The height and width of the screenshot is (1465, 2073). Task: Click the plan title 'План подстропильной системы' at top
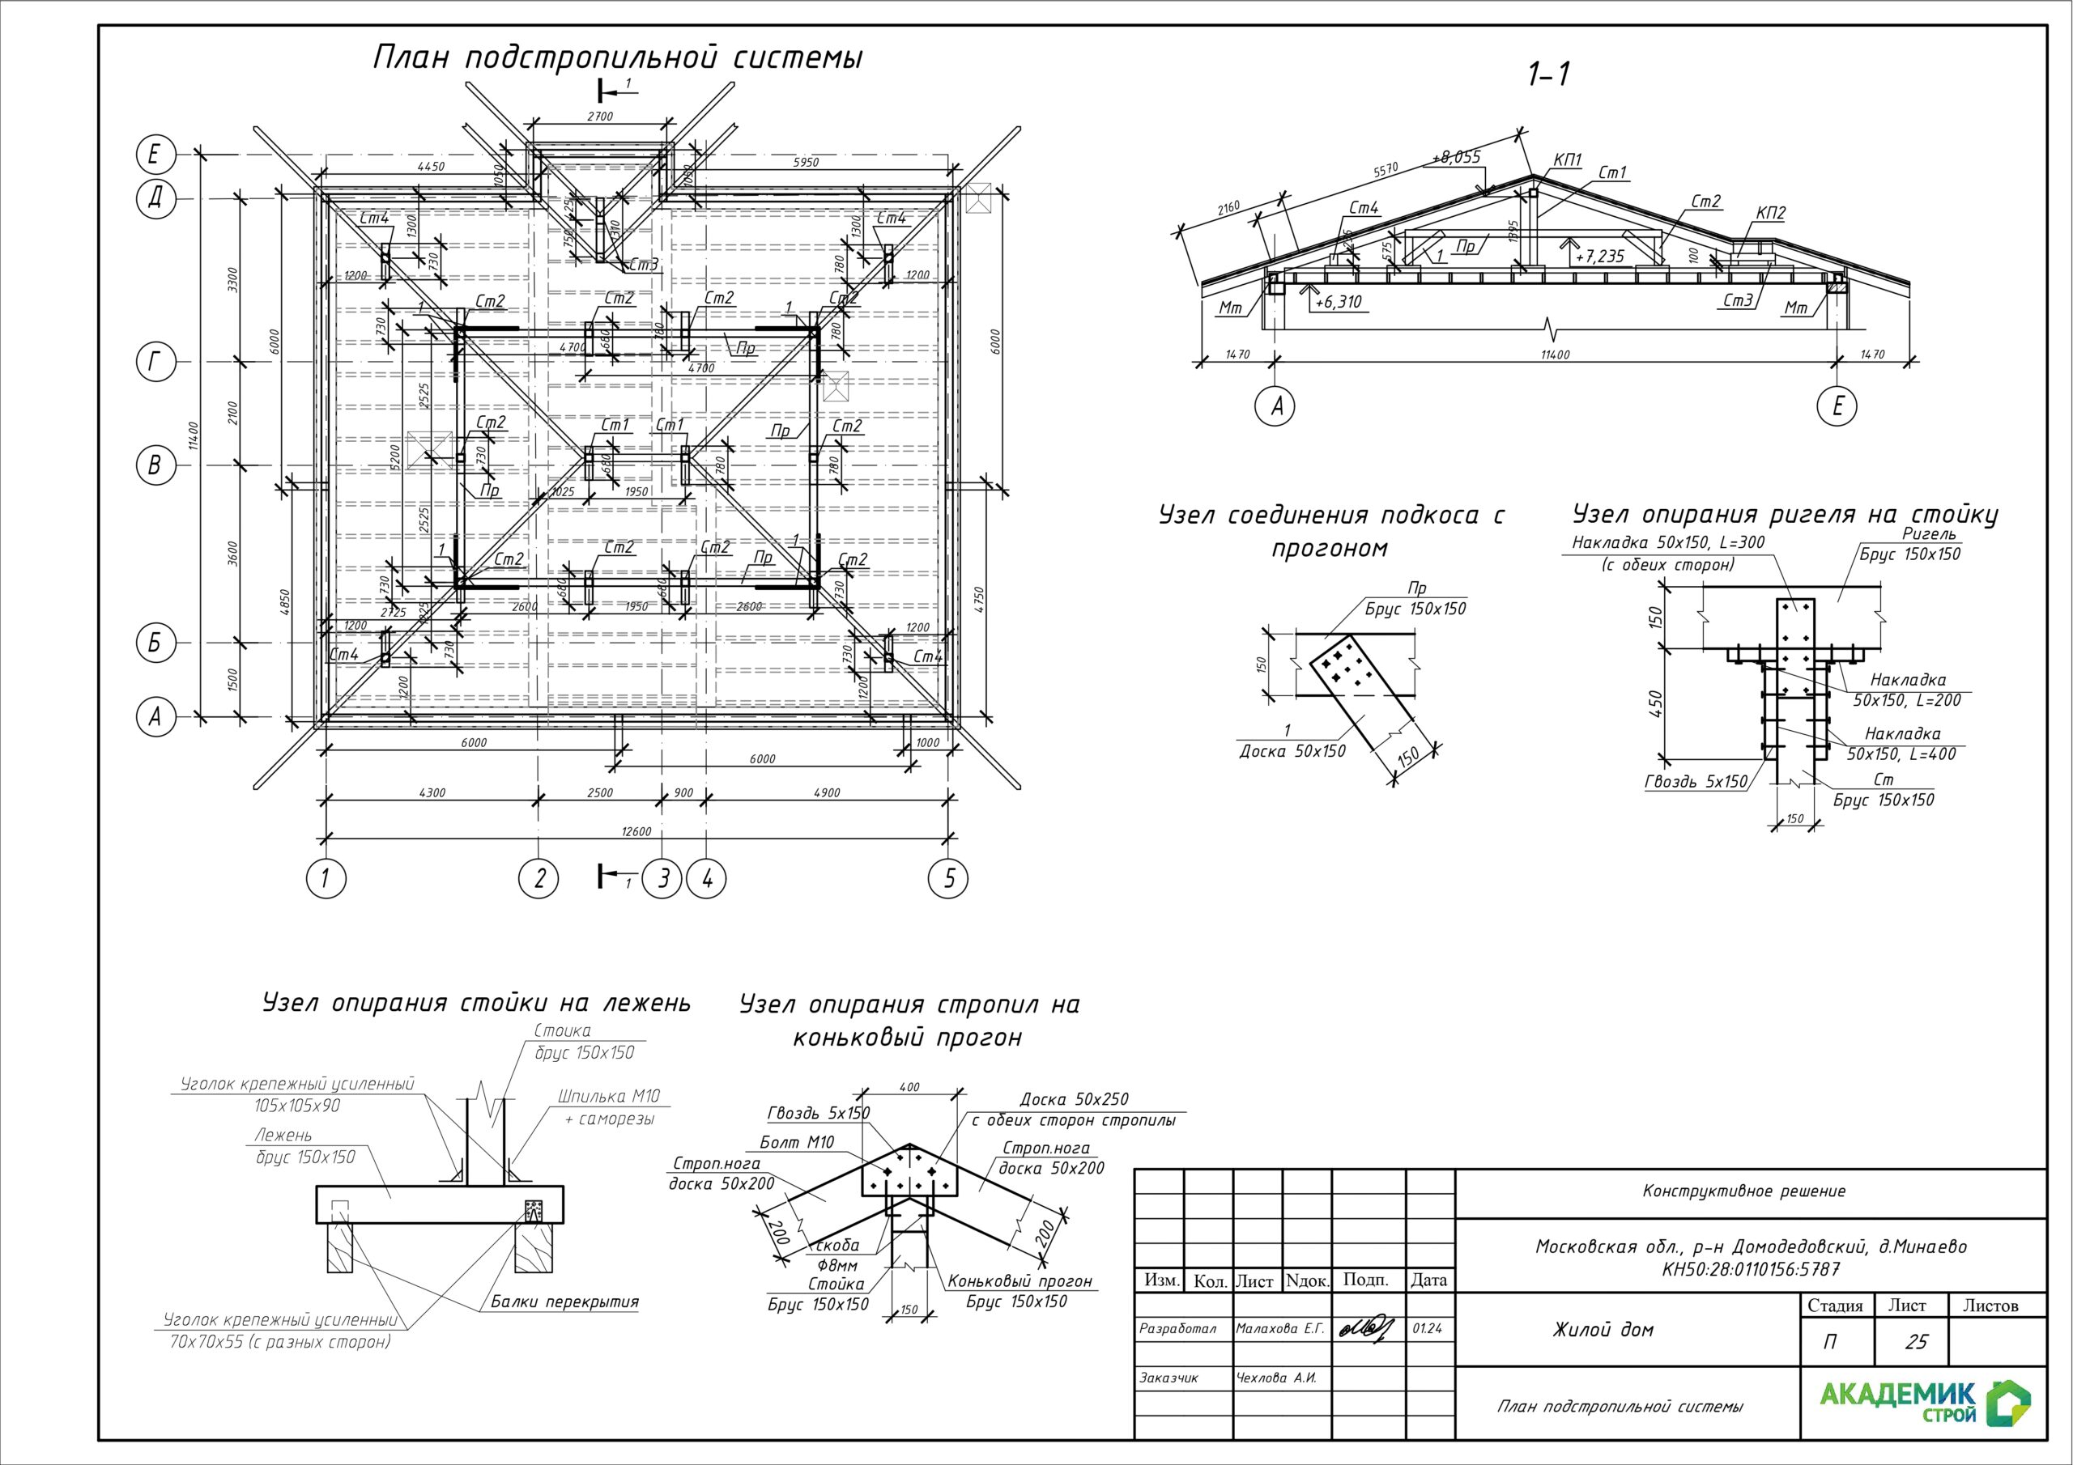click(x=618, y=57)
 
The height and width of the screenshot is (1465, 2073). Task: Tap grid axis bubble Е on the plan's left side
click(x=155, y=155)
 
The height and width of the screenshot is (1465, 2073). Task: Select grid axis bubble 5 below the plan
click(x=948, y=877)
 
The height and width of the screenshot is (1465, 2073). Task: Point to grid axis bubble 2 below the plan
click(x=539, y=877)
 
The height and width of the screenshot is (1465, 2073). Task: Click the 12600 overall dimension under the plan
click(x=636, y=830)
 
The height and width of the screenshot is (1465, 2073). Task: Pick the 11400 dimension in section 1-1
click(x=1555, y=355)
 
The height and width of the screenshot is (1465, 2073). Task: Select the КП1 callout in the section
click(x=1568, y=159)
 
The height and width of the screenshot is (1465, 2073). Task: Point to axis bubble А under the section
click(x=1275, y=406)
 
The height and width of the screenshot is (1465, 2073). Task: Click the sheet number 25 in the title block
click(x=1916, y=1342)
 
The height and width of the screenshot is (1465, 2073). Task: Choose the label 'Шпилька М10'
click(x=608, y=1097)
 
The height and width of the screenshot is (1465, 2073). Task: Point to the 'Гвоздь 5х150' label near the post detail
click(x=1696, y=782)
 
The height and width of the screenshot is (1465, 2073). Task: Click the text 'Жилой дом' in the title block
click(x=1603, y=1330)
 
